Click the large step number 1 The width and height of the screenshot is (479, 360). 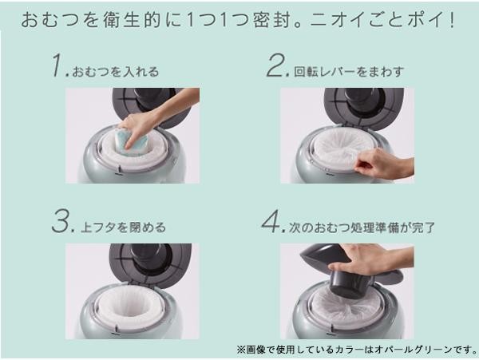click(x=57, y=65)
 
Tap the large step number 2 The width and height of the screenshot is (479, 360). click(x=276, y=65)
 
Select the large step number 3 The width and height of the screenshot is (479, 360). click(x=61, y=221)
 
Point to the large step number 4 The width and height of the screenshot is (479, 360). click(x=271, y=221)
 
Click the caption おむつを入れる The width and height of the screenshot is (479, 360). click(x=116, y=72)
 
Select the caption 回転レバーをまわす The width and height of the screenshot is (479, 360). click(x=349, y=72)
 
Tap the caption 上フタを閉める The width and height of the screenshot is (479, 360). click(x=123, y=227)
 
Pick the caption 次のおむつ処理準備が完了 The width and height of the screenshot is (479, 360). click(x=362, y=227)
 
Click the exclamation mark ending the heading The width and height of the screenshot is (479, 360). click(x=452, y=20)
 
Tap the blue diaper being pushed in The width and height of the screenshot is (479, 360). click(x=131, y=142)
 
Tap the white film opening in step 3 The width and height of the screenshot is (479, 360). click(x=131, y=307)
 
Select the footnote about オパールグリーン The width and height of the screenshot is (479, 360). click(x=357, y=350)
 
